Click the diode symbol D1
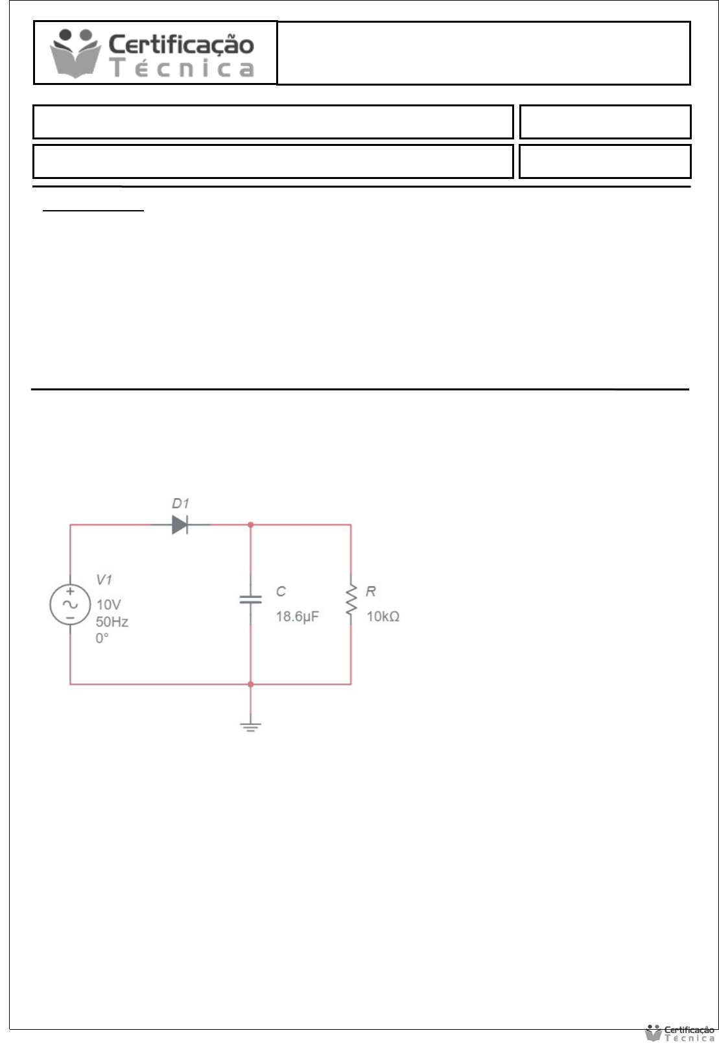180,525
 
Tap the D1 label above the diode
180,503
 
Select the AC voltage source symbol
70,604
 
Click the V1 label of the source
104,579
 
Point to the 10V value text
108,604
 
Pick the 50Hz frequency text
112,621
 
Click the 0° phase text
102,638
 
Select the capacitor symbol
251,599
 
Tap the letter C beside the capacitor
281,591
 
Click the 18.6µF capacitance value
297,616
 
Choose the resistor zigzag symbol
351,600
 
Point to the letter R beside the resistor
371,591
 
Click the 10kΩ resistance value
383,616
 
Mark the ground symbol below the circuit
251,726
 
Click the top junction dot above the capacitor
251,525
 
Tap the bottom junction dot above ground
251,684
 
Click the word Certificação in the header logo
181,44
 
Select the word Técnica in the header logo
182,68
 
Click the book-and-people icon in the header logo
76,53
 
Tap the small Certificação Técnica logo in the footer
680,1033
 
